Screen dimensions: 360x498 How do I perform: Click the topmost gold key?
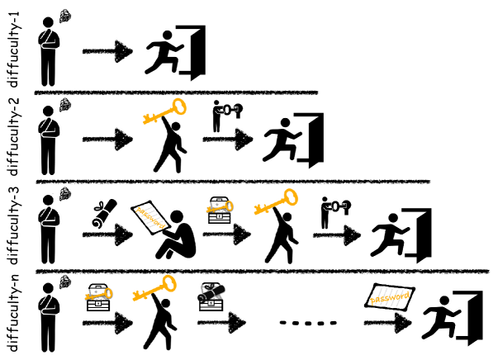click(164, 111)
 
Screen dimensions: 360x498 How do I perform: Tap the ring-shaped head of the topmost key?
click(178, 107)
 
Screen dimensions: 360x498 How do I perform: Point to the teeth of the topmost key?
click(149, 120)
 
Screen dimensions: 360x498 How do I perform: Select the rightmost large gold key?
click(275, 202)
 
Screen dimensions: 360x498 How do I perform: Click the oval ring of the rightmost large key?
click(290, 197)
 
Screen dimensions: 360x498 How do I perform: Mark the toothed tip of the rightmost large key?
click(260, 210)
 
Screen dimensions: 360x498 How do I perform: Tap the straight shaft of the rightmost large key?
click(273, 203)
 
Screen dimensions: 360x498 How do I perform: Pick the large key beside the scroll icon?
click(154, 288)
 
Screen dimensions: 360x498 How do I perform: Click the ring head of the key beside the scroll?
click(168, 283)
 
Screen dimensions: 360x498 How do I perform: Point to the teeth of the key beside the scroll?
click(139, 296)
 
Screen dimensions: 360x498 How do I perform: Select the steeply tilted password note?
click(151, 217)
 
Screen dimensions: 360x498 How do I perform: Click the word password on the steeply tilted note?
click(151, 216)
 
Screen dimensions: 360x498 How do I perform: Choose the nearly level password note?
click(389, 297)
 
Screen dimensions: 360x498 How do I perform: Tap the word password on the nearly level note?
click(389, 297)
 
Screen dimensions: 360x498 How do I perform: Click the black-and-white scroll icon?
click(211, 292)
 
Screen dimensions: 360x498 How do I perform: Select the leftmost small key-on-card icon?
click(98, 294)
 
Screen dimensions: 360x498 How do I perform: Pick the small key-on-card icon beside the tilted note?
click(219, 206)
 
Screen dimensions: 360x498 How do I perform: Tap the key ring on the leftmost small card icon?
click(108, 293)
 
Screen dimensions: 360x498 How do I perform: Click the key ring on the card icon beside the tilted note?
click(229, 206)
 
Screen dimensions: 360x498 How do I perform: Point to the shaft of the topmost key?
click(162, 113)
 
